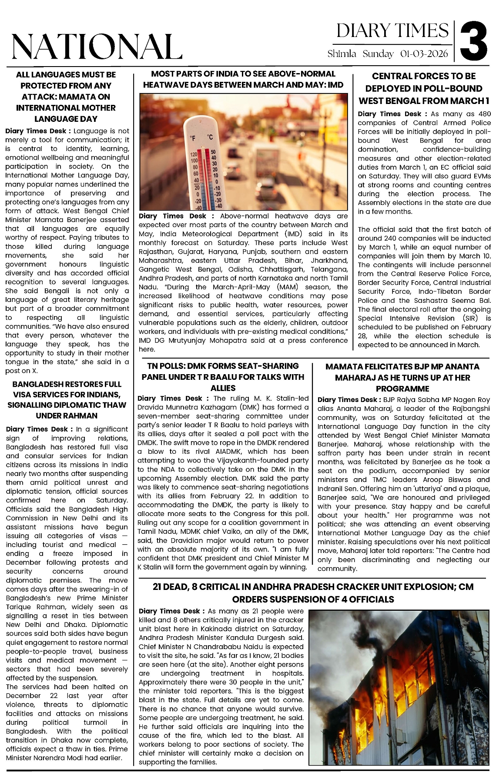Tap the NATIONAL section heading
(x=97, y=46)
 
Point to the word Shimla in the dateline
(x=342, y=54)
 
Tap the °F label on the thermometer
(x=193, y=138)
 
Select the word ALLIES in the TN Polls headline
(x=223, y=388)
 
